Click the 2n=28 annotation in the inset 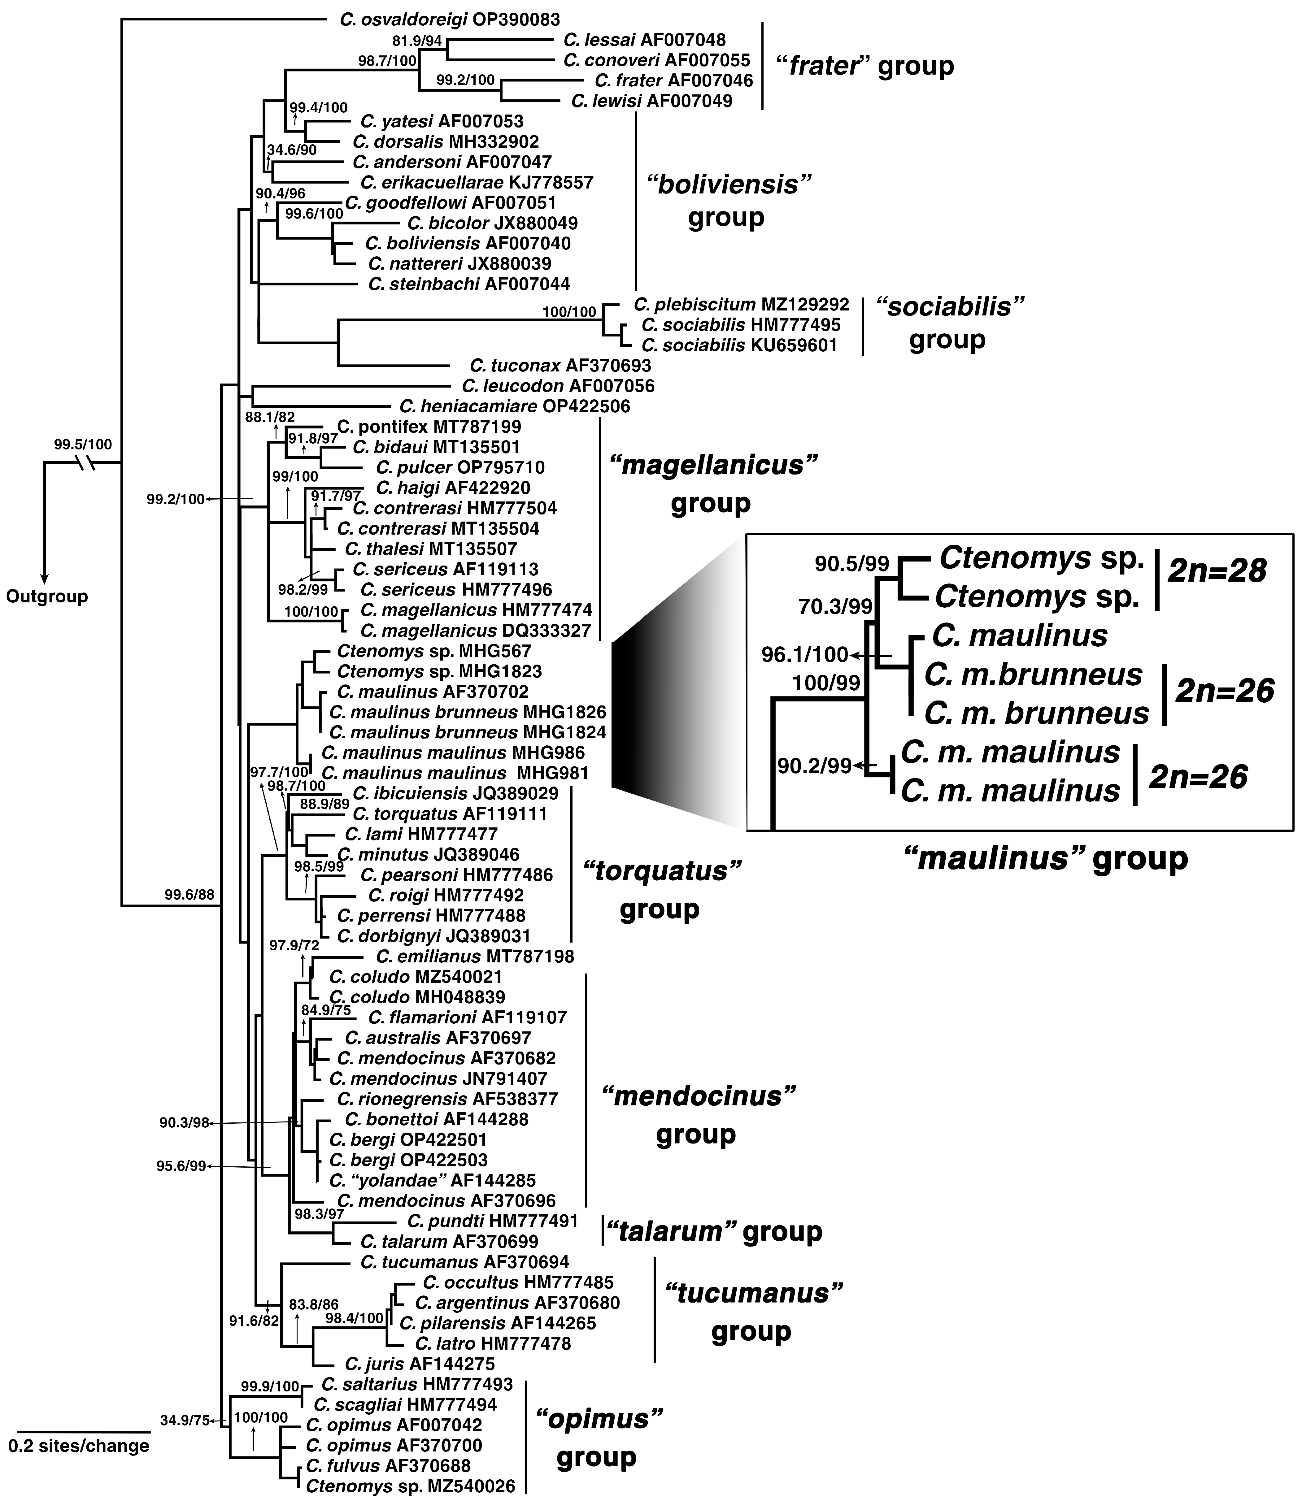1217,571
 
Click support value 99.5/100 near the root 83,445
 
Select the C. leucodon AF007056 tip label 557,386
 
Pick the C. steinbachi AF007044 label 469,284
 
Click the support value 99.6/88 189,895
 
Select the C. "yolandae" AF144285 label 432,1180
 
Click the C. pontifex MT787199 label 429,426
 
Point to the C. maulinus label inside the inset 1019,636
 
